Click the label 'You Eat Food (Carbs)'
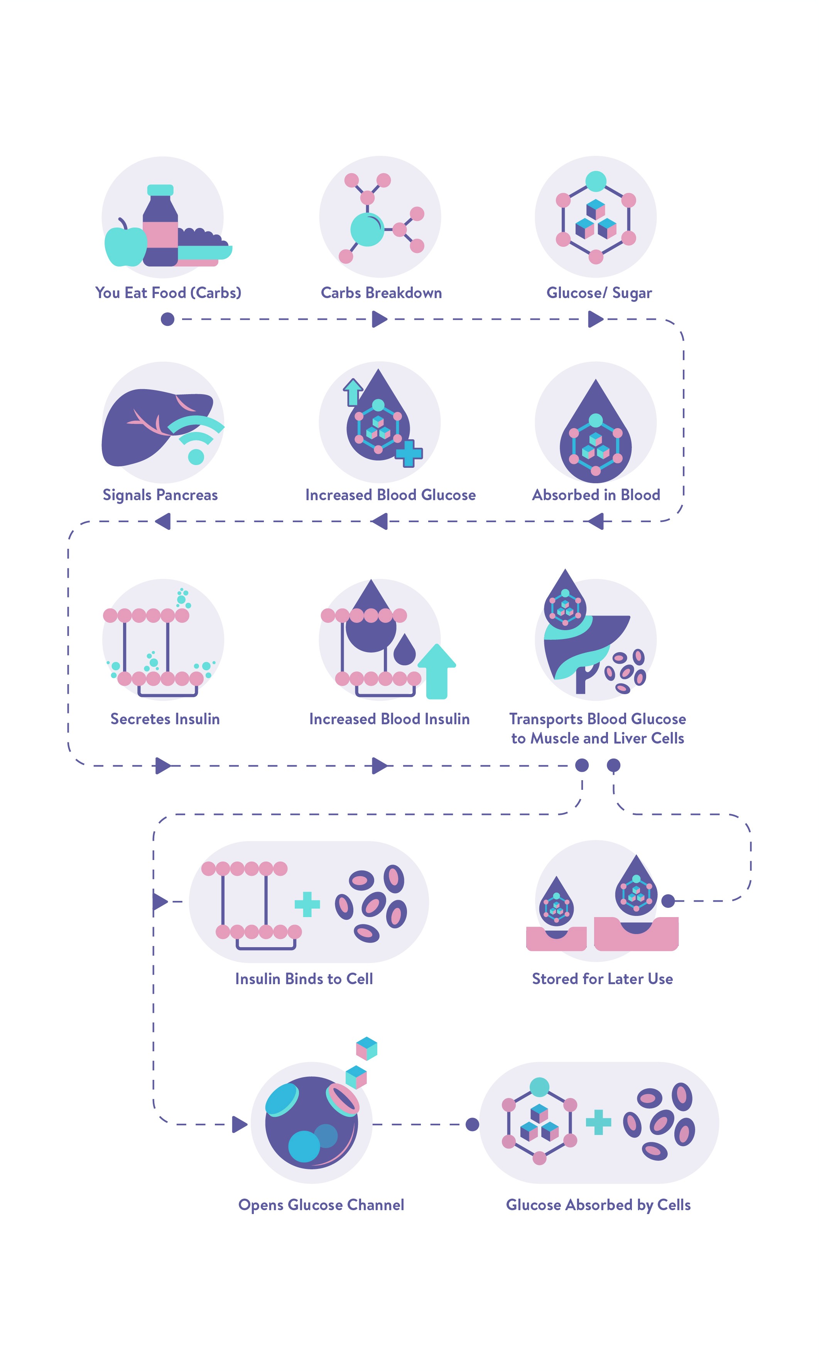(168, 293)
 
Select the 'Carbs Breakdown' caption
(382, 293)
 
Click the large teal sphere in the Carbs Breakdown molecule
(367, 229)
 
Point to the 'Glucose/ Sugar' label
(599, 293)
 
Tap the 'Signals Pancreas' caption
(160, 495)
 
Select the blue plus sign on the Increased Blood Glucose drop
(409, 454)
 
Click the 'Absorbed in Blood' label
(596, 495)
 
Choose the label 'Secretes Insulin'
(165, 719)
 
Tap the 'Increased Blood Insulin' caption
(389, 719)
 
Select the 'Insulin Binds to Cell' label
(304, 979)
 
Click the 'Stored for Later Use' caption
(602, 979)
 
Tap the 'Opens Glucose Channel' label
(321, 1205)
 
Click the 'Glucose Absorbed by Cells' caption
(598, 1205)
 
